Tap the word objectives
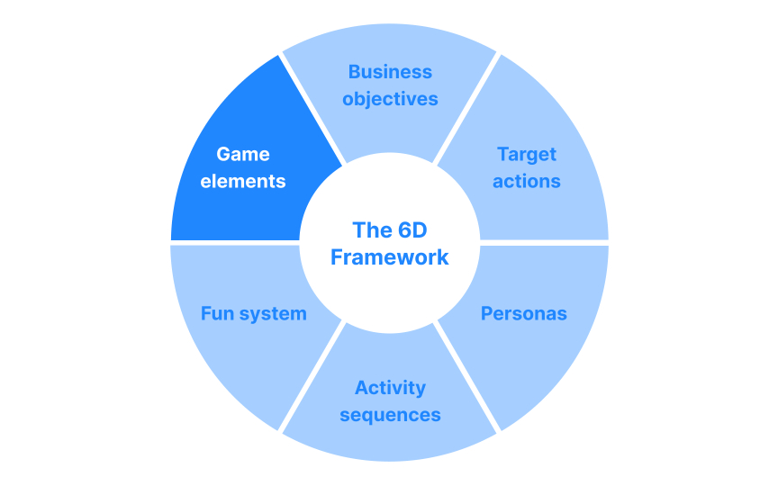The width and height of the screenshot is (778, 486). [390, 99]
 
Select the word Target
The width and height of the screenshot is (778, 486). [527, 154]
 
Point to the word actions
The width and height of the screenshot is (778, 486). [527, 181]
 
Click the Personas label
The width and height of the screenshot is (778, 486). [523, 313]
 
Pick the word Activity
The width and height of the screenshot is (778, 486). [390, 388]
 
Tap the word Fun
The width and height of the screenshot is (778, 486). [216, 313]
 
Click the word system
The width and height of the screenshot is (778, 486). [273, 313]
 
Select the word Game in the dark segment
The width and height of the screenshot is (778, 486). [243, 154]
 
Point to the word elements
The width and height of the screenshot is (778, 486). [243, 181]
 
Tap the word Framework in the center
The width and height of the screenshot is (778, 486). [389, 257]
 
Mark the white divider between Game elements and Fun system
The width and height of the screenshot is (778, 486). [234, 243]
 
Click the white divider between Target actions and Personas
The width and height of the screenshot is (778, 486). [545, 243]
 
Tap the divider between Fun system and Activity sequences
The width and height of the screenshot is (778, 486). [312, 377]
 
